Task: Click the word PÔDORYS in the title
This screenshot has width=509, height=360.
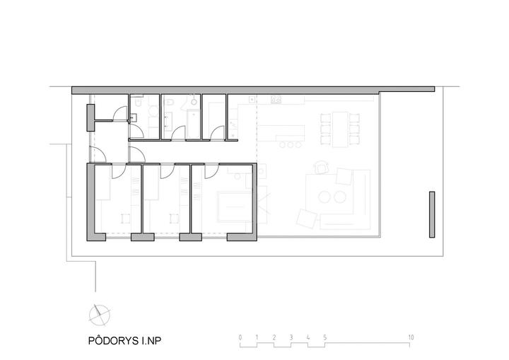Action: [x=113, y=340]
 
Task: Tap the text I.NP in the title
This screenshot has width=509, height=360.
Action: [x=151, y=341]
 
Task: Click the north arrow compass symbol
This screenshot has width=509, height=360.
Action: [x=100, y=315]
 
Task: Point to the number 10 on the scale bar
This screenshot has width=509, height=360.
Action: [x=411, y=337]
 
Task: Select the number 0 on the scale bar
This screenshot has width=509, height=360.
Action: [x=240, y=337]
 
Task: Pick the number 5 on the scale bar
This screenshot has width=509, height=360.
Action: [x=325, y=337]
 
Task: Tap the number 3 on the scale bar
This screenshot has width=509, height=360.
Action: [x=291, y=337]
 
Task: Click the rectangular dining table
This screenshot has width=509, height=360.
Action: [x=340, y=129]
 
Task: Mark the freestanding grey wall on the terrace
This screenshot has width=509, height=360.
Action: [x=432, y=214]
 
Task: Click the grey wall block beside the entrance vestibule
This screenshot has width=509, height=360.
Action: [x=90, y=117]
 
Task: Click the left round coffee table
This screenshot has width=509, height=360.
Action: [x=324, y=197]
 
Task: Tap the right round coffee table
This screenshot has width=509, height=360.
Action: [x=340, y=197]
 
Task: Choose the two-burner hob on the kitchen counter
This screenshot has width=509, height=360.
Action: [x=276, y=99]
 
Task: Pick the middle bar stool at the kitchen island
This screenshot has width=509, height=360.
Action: [x=291, y=144]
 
